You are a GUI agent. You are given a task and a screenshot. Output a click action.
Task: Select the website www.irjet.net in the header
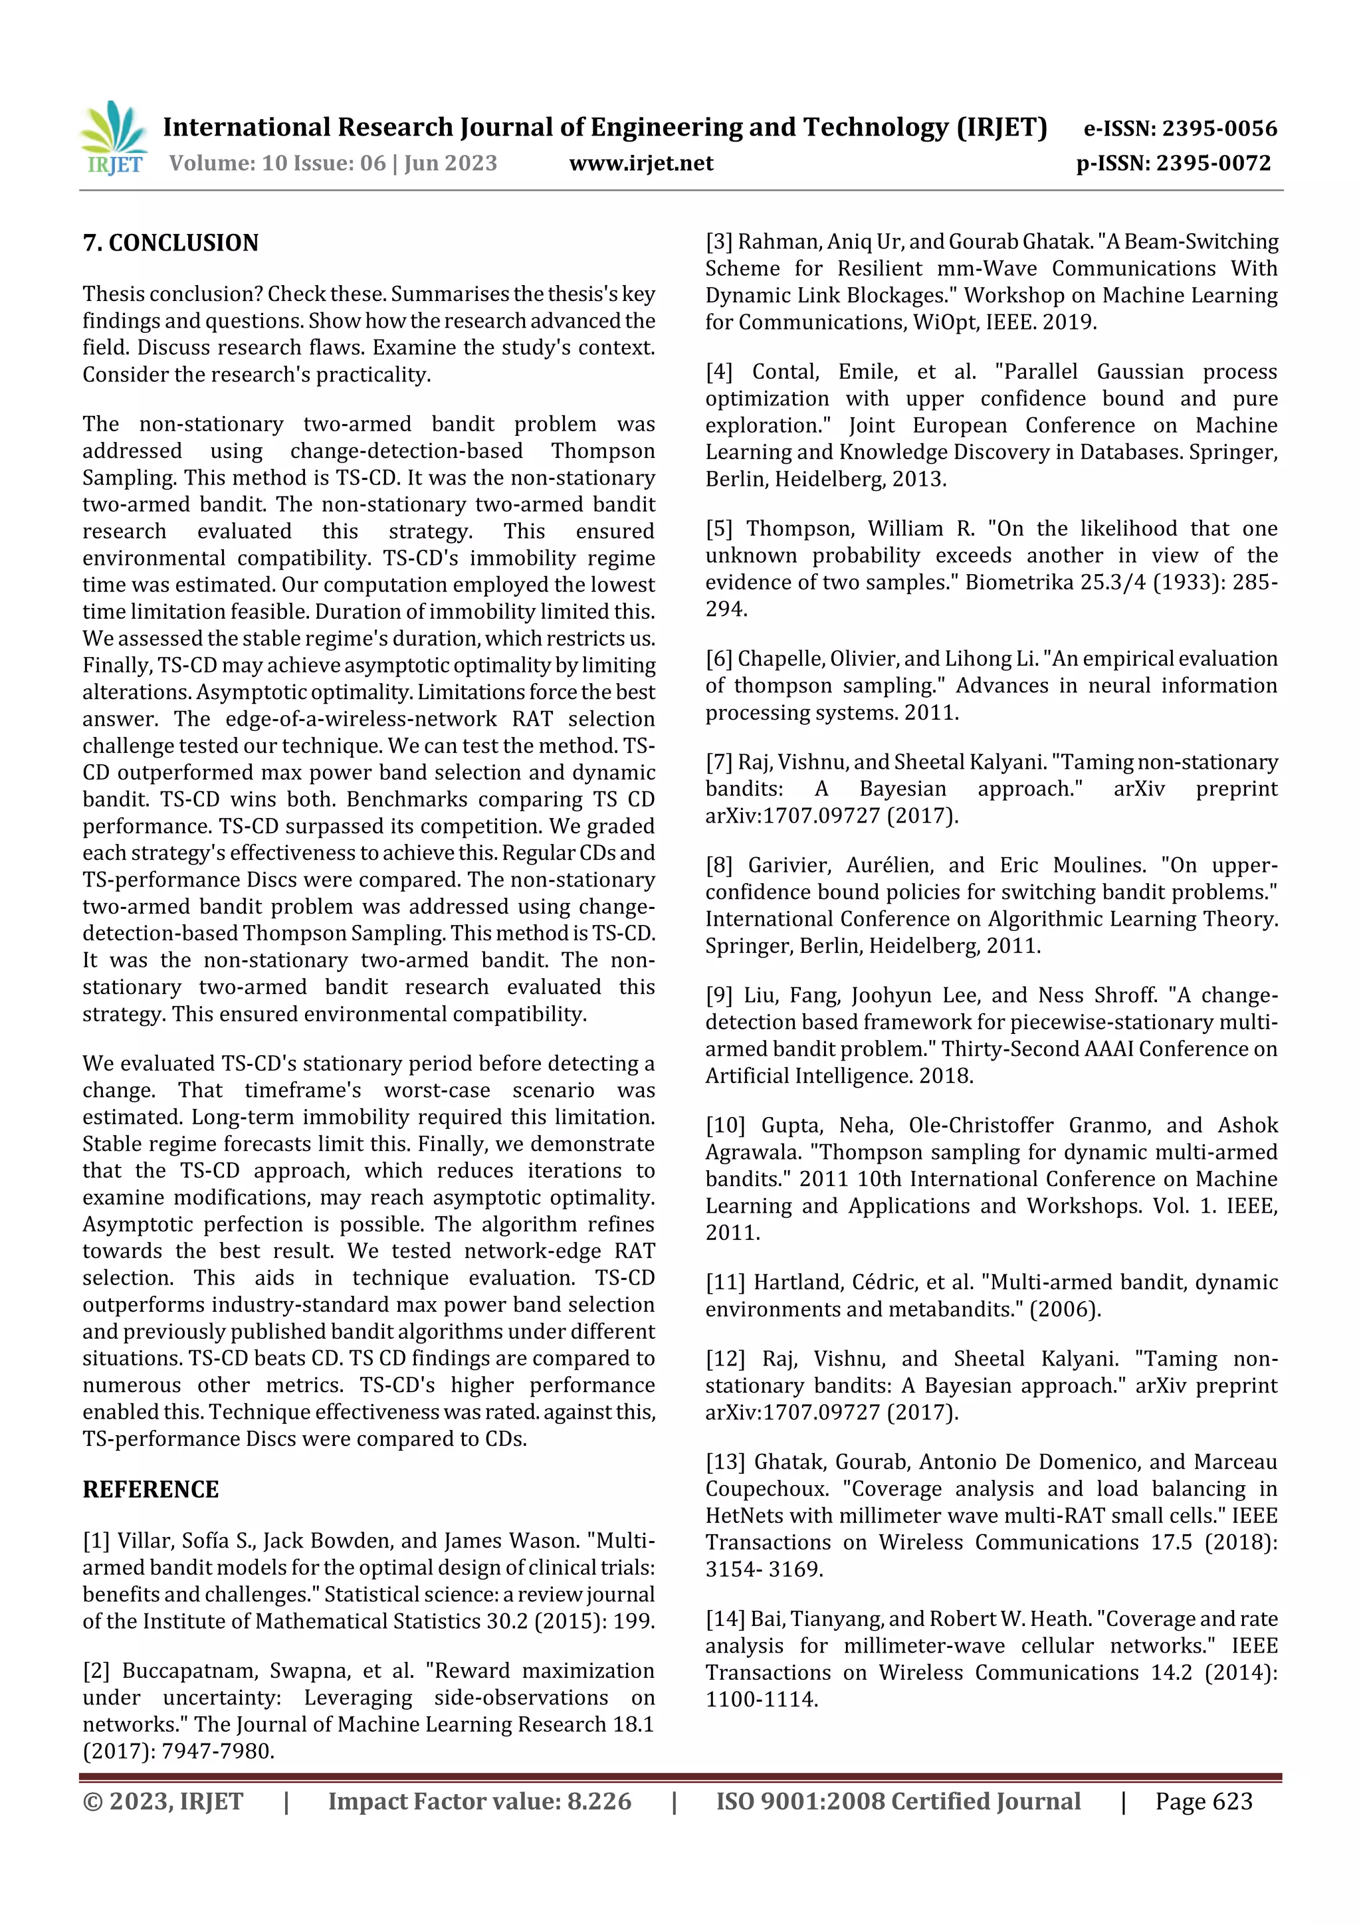coord(641,163)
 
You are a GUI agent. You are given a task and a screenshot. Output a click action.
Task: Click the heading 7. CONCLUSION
coord(170,243)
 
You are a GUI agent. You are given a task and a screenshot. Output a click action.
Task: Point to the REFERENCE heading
coord(150,1489)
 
